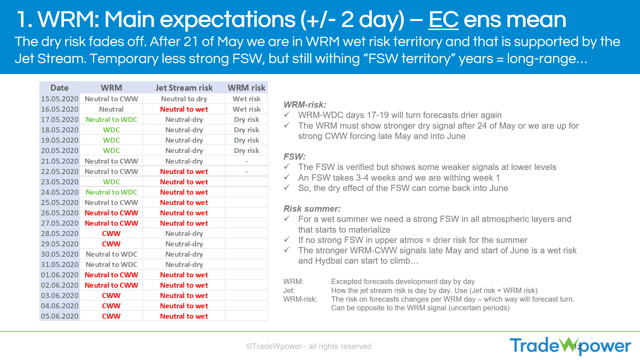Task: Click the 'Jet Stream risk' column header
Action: tap(184, 88)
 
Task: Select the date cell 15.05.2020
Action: tap(60, 99)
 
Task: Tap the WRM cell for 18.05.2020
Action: tap(111, 130)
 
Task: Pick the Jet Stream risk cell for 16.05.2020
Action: tap(184, 109)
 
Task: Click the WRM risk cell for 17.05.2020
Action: tap(246, 119)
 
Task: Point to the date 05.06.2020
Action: tap(60, 316)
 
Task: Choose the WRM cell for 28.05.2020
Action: tap(111, 233)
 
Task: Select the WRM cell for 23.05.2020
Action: tap(111, 182)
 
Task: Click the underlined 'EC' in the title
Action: tap(443, 20)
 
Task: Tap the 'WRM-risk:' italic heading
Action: tap(305, 105)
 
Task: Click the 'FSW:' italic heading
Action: tap(294, 157)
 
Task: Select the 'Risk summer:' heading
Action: tap(312, 209)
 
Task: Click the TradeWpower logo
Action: tap(570, 346)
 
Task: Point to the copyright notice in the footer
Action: tap(308, 346)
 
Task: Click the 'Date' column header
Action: tap(59, 88)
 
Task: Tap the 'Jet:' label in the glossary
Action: tap(289, 290)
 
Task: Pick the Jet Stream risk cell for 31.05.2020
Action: tap(184, 264)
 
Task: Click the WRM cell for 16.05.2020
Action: tap(111, 109)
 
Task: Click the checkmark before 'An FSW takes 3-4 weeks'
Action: tap(287, 177)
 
